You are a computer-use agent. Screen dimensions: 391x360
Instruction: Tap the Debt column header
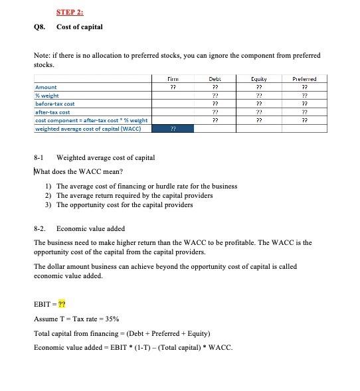click(215, 78)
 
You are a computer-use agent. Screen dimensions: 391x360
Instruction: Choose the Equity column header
click(260, 78)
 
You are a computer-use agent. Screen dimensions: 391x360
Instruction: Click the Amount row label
click(46, 87)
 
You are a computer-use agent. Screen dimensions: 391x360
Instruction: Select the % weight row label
click(48, 96)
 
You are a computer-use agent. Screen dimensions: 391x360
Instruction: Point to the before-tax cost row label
click(55, 104)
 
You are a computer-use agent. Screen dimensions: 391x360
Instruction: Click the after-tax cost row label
click(52, 112)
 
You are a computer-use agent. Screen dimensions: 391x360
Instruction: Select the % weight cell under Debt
click(215, 96)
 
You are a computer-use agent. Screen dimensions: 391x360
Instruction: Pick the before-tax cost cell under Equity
click(260, 104)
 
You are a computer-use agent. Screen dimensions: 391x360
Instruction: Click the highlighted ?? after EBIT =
click(63, 305)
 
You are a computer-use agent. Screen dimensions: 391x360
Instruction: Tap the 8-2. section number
click(40, 228)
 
